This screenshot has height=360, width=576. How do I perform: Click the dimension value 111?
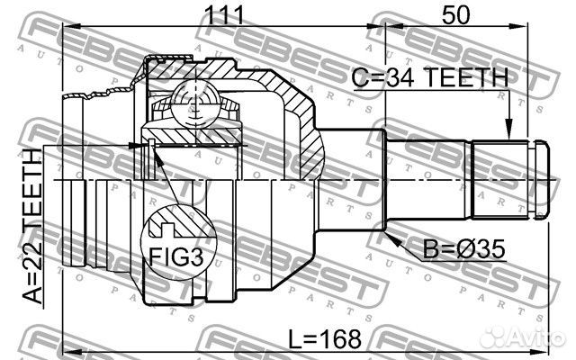(x=225, y=14)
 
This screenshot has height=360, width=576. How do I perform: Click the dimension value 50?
(x=455, y=14)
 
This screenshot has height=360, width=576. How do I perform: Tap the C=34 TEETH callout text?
(x=430, y=77)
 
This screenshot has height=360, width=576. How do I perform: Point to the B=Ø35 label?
(x=464, y=249)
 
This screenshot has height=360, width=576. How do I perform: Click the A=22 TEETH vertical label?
(x=33, y=227)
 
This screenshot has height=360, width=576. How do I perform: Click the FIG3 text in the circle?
(x=175, y=256)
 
